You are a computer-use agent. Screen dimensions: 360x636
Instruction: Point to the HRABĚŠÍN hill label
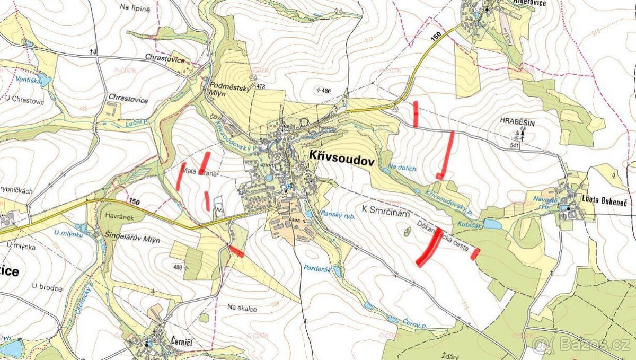[x=518, y=122]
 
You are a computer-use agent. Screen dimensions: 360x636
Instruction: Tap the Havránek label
[x=116, y=216]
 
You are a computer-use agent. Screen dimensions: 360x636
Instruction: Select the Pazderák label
[x=317, y=269]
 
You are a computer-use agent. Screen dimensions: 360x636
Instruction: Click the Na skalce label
[x=242, y=308]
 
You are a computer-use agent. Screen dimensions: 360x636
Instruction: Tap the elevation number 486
[x=325, y=91]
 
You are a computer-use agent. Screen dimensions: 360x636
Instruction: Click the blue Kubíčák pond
[x=492, y=225]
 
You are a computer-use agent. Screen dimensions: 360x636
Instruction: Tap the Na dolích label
[x=402, y=168]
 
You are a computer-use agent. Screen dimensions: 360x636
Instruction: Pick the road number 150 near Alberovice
[x=436, y=36]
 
